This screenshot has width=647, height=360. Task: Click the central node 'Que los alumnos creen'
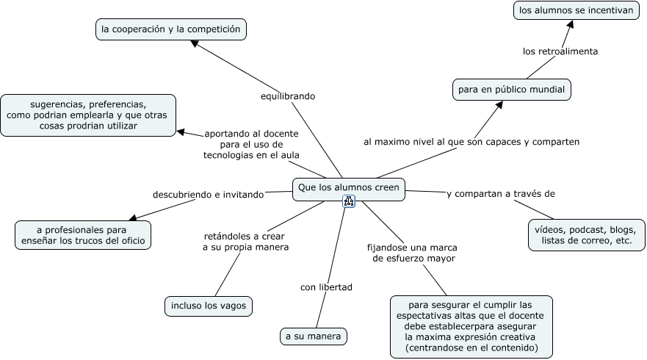click(x=349, y=188)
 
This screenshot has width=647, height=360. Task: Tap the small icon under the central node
click(x=349, y=201)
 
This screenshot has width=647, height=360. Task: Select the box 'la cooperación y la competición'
click(x=171, y=29)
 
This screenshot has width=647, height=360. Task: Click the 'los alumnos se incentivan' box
click(x=575, y=10)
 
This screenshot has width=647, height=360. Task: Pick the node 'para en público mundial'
click(x=511, y=90)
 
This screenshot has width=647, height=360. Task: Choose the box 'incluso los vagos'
click(x=209, y=306)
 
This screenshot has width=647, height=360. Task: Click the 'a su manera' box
click(x=314, y=336)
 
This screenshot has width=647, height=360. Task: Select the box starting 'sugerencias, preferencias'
click(x=88, y=115)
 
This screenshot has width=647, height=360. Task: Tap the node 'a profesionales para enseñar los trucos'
click(x=83, y=234)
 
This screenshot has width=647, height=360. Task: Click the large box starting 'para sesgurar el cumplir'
click(x=471, y=326)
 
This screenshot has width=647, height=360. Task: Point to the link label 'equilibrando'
click(x=288, y=96)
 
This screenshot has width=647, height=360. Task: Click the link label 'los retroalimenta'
click(x=560, y=51)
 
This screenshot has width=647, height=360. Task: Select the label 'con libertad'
click(x=326, y=287)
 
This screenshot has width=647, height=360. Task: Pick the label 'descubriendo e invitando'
click(x=208, y=195)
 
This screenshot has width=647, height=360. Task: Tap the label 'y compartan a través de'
click(x=500, y=194)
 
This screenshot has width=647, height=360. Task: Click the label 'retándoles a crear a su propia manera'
click(x=245, y=242)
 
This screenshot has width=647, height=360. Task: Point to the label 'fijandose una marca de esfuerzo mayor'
click(x=414, y=253)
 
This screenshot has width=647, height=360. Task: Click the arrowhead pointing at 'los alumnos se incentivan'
click(x=570, y=24)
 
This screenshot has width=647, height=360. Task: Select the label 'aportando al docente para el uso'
click(x=251, y=145)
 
